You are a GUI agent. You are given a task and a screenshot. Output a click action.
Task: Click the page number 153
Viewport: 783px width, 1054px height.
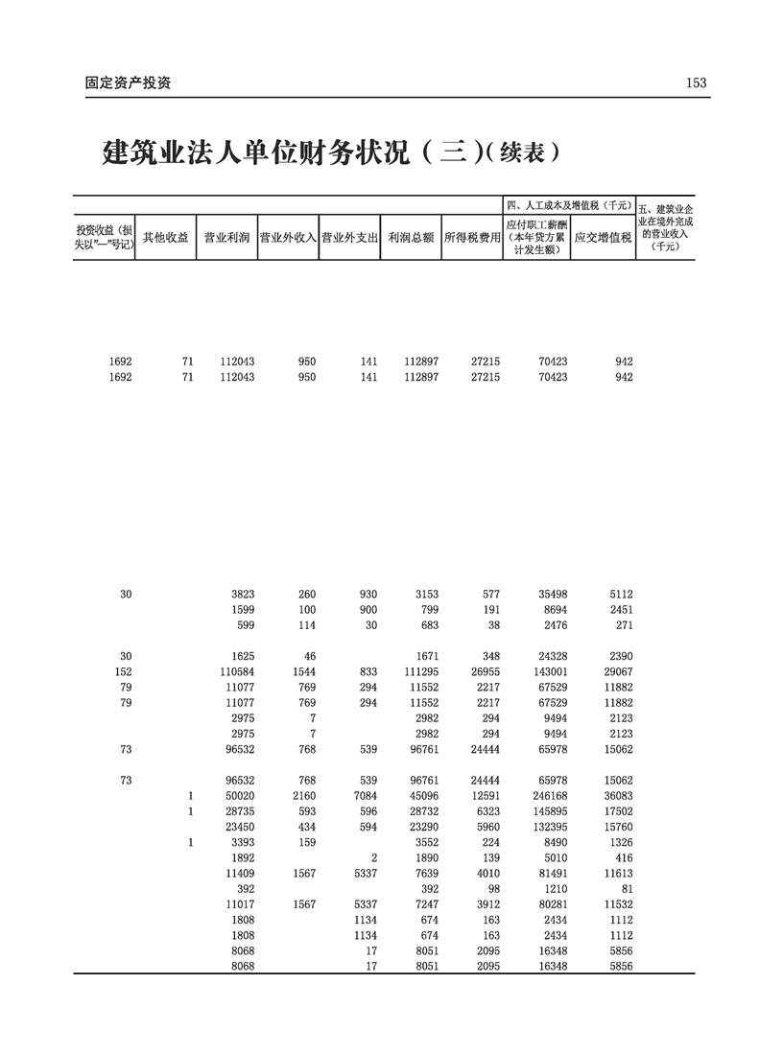pyautogui.click(x=696, y=83)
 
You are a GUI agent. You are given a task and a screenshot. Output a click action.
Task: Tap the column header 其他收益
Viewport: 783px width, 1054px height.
pyautogui.click(x=165, y=237)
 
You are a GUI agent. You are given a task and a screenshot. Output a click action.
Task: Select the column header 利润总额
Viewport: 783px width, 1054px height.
pyautogui.click(x=411, y=237)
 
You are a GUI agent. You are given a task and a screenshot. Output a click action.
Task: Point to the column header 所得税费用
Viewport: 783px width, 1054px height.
pyautogui.click(x=472, y=237)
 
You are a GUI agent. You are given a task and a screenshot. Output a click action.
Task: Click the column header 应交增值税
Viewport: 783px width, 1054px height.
pyautogui.click(x=603, y=237)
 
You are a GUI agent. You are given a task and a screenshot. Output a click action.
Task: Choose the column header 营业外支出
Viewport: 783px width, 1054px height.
pyautogui.click(x=349, y=237)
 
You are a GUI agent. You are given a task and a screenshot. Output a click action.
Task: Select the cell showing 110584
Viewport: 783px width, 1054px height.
pyautogui.click(x=234, y=672)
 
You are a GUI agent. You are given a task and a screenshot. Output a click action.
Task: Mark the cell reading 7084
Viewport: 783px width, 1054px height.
pyautogui.click(x=365, y=795)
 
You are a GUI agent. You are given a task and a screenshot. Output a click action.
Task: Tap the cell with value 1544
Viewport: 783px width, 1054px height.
pyautogui.click(x=303, y=672)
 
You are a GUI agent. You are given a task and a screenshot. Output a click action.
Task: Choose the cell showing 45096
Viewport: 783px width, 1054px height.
pyautogui.click(x=423, y=795)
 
